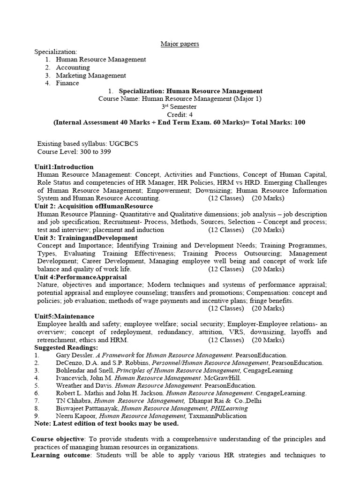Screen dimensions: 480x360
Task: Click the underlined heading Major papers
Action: coord(180,44)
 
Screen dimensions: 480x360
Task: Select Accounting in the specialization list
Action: coord(73,67)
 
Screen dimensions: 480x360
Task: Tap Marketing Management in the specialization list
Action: coord(90,75)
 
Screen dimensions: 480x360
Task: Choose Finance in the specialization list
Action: coord(67,83)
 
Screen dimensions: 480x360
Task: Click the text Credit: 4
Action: coord(180,115)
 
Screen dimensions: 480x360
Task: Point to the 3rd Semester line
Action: coord(180,107)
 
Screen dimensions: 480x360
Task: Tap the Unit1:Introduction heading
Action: coord(64,167)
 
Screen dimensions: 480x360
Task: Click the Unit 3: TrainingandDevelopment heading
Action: coord(86,238)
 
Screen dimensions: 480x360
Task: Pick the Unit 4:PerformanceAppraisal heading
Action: coord(81,277)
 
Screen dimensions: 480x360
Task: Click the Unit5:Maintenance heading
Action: coord(64,316)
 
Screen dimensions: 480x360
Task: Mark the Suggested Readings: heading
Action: coord(66,348)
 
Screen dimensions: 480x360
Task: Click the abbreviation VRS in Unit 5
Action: coord(265,332)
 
